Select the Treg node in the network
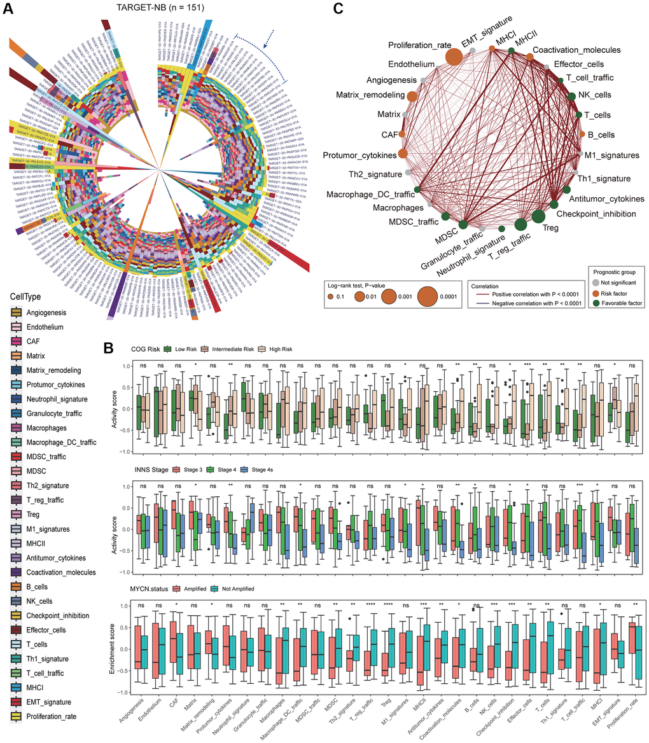click(x=538, y=216)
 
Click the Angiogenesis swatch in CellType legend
click(x=17, y=312)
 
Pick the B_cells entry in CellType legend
click(x=17, y=587)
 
